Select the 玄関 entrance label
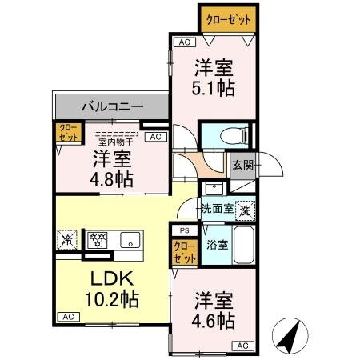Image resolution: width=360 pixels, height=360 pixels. click(x=242, y=166)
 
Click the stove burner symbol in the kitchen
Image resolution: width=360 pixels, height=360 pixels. click(x=97, y=238)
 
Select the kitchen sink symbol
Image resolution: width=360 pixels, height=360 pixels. click(x=128, y=238)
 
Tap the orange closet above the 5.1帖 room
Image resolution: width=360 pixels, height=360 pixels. click(x=227, y=18)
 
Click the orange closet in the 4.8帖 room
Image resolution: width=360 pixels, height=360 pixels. click(x=66, y=133)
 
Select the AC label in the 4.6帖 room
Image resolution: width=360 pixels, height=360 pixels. click(x=242, y=346)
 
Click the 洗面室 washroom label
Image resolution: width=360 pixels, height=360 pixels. click(x=216, y=209)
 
